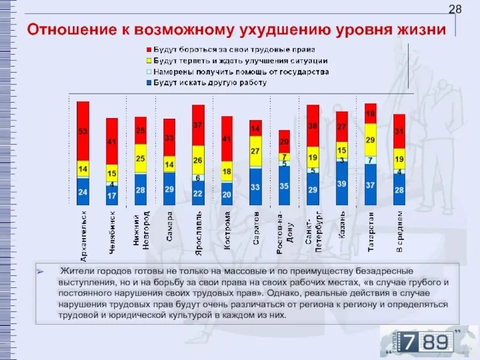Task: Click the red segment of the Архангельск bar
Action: [x=83, y=131]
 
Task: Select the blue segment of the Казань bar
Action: [x=341, y=184]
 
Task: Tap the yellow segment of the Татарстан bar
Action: [x=370, y=140]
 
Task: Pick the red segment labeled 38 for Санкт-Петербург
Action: [x=313, y=126]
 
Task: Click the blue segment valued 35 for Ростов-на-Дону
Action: [x=284, y=186]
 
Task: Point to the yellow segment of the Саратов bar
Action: [x=256, y=151]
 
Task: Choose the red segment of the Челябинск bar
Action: [x=112, y=142]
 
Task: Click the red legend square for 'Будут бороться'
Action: [x=148, y=49]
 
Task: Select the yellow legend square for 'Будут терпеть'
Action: [x=148, y=61]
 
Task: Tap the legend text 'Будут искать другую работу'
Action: [x=210, y=83]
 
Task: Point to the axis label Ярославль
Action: [x=199, y=227]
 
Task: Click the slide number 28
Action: [x=455, y=9]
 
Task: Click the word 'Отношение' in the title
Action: [x=67, y=29]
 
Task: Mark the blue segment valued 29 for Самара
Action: [x=169, y=189]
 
